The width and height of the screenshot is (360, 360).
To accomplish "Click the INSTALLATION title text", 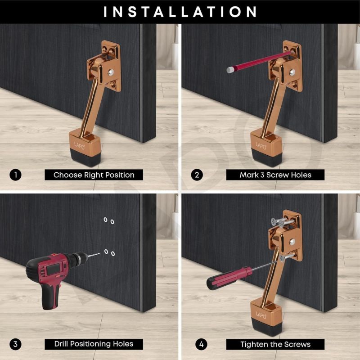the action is pos(180,12).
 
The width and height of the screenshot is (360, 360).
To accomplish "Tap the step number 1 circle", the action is pos(15,175).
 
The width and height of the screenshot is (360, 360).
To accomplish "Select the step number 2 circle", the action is pos(197,175).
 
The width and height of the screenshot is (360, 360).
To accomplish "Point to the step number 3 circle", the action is pos(15,344).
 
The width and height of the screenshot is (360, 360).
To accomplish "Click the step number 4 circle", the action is pos(201,344).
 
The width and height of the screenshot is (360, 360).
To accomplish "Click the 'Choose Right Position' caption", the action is pos(94,175).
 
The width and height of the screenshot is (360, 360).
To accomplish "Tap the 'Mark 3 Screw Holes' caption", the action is pos(275,175).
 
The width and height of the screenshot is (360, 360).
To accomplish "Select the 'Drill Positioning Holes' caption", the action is pos(94,344).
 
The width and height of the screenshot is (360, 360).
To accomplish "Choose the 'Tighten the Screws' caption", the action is pos(275,344).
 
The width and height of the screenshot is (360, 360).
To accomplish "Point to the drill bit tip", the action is pos(100,253).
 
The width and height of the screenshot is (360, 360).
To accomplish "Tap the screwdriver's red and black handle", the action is pos(229,278).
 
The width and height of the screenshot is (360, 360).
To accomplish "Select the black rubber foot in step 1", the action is pos(85,157).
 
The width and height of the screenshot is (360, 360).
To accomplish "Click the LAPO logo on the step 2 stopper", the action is pos(261,145).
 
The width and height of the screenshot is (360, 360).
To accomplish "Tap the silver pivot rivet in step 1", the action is pos(111,72).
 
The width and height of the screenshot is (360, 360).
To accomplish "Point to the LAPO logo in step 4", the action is pos(261,315).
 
